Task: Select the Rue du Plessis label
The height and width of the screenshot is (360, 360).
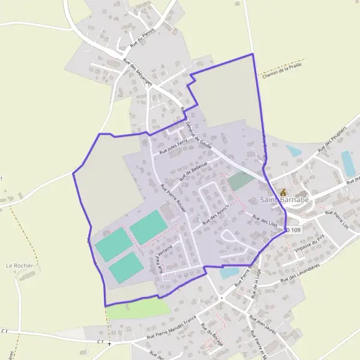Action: [x=143, y=37]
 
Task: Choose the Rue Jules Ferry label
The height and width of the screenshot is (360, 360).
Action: [x=173, y=146]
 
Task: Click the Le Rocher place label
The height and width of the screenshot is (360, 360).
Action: [x=19, y=265]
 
